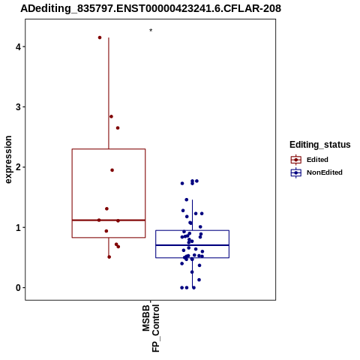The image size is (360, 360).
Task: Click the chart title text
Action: click(x=151, y=8)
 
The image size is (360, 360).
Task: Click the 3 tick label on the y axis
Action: click(x=18, y=107)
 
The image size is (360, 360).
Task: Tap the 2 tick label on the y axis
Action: click(x=18, y=167)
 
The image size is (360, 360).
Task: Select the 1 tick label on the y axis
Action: click(x=18, y=227)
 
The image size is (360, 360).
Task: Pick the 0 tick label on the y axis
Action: click(x=18, y=288)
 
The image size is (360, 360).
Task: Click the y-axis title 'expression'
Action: click(x=8, y=160)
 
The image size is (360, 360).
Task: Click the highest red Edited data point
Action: click(x=100, y=37)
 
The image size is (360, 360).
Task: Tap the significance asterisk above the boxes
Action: click(x=151, y=31)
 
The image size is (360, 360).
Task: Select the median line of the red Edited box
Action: click(x=109, y=220)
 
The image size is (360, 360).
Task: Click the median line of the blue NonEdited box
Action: click(x=193, y=245)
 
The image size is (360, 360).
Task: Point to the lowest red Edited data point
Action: click(x=109, y=257)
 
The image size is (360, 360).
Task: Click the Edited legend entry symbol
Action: click(x=296, y=160)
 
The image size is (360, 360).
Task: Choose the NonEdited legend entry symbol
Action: click(x=296, y=172)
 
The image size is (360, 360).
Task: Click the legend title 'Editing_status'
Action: click(x=320, y=145)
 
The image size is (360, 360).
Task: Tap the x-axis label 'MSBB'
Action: click(x=146, y=318)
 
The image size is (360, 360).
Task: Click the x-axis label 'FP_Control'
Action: click(x=155, y=328)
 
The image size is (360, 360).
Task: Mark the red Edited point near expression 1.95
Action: click(x=112, y=170)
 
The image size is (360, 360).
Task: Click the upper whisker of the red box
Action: click(x=109, y=93)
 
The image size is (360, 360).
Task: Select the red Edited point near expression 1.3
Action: click(x=106, y=208)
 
